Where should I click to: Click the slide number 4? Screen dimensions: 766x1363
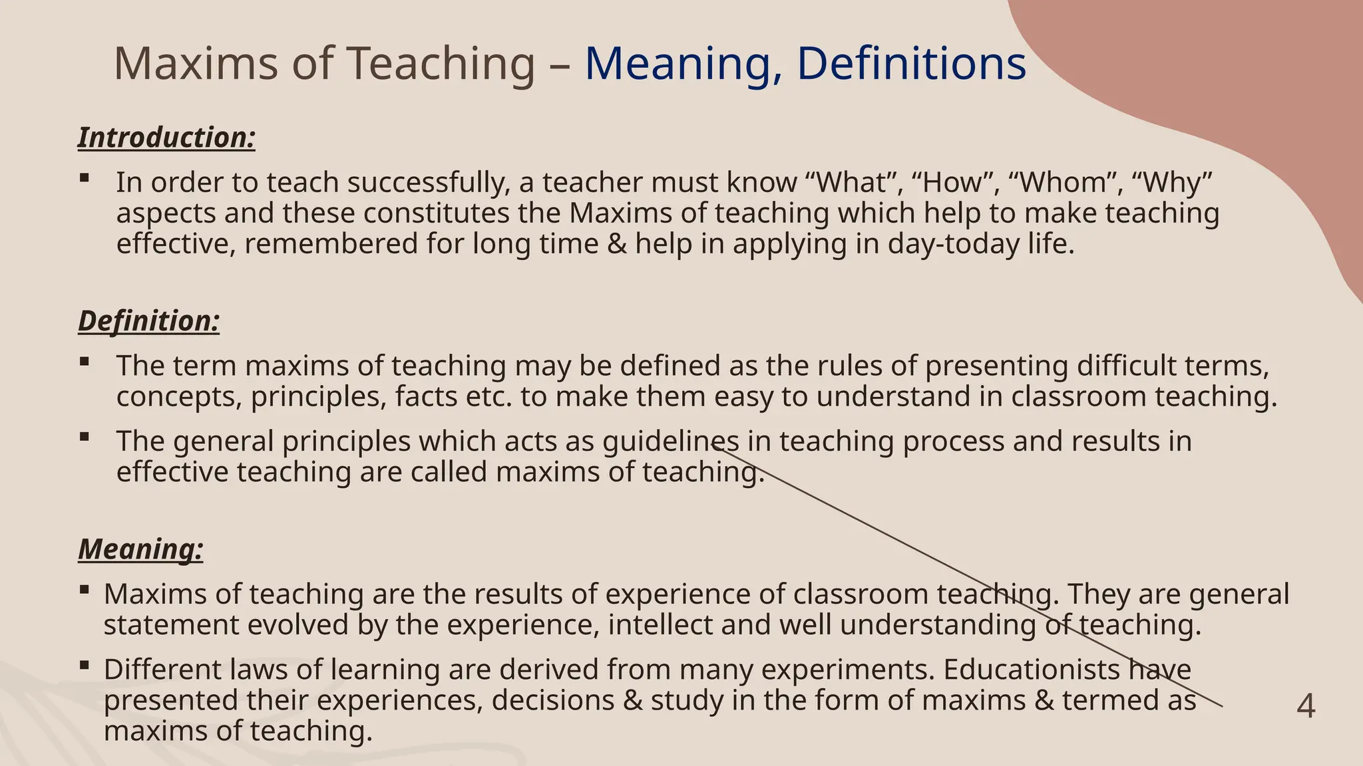click(x=1306, y=706)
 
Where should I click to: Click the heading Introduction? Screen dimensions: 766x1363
click(x=166, y=138)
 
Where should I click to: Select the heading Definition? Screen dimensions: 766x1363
click(x=148, y=321)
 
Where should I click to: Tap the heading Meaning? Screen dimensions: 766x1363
click(x=140, y=550)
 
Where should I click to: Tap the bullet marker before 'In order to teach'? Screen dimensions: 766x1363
click(x=84, y=178)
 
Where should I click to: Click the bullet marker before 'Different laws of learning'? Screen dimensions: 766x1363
click(x=84, y=665)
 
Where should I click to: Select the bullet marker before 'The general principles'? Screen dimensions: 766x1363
click(x=84, y=437)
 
